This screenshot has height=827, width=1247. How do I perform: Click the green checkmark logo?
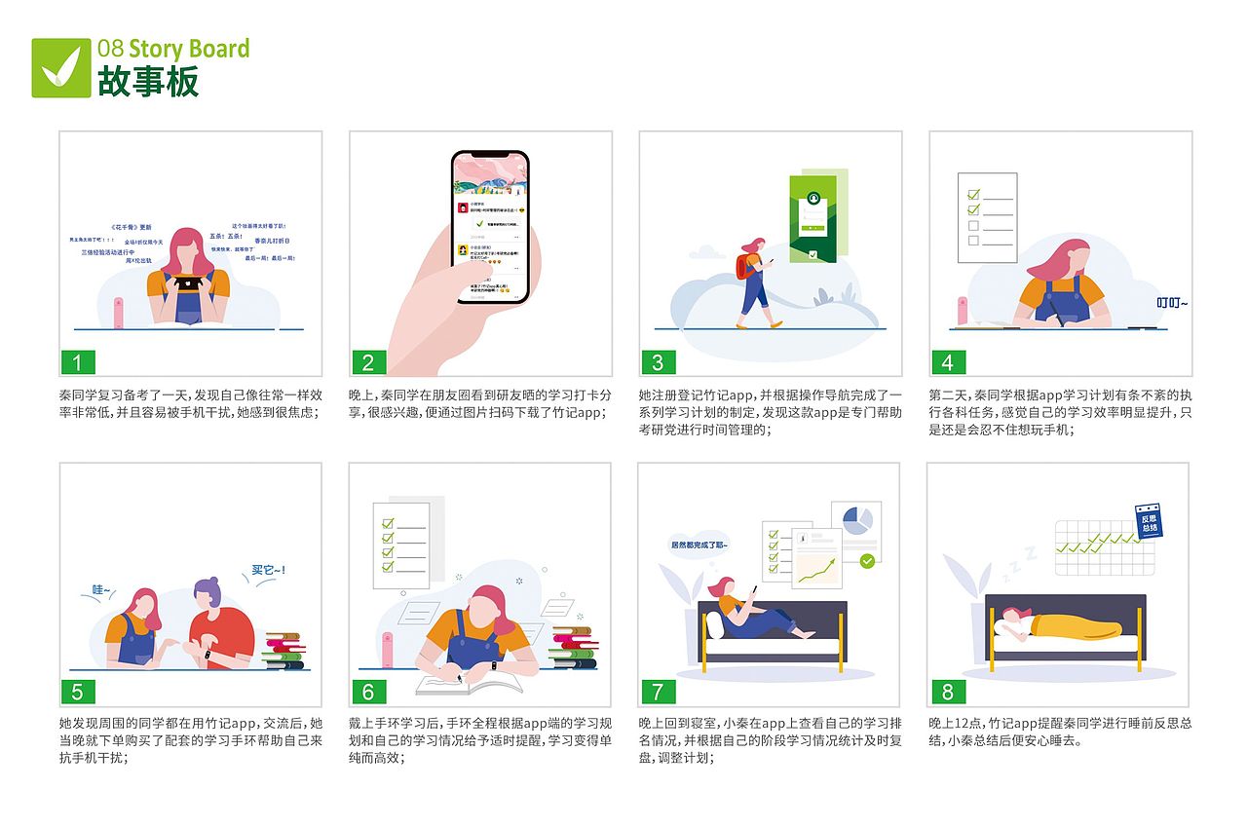coord(60,67)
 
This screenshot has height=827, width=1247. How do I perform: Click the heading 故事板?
coord(148,81)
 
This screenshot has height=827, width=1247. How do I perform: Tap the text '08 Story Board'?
coord(173,49)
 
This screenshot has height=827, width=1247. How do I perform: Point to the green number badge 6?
coord(367,692)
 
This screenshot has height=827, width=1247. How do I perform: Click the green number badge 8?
coord(947,692)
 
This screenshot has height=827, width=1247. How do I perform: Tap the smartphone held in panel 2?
coord(490,227)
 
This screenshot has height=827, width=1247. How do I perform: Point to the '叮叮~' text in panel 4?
coord(1172,302)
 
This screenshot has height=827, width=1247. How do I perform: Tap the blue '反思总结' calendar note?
coord(1150,522)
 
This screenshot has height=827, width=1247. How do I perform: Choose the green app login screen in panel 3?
coord(813,218)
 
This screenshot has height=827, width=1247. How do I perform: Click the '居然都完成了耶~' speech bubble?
coord(699,545)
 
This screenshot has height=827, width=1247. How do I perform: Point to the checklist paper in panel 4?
coord(987,217)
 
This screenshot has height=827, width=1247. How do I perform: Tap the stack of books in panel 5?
coord(283,650)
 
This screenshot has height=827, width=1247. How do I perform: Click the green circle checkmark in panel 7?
coord(866,560)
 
